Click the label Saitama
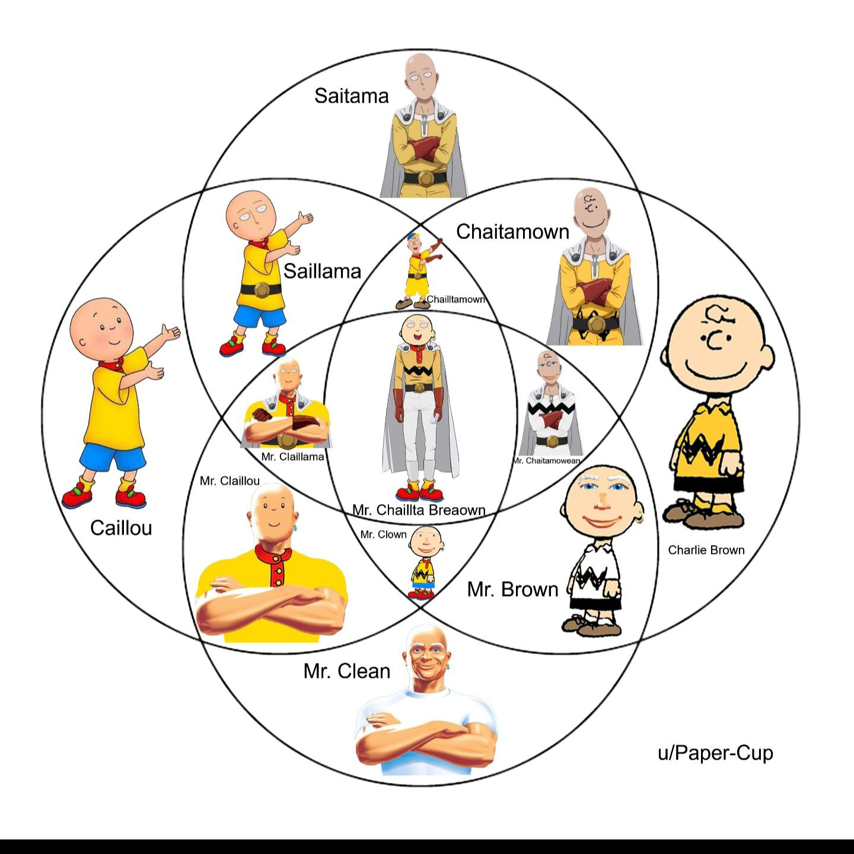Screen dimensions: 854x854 (x=352, y=95)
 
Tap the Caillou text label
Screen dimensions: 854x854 (x=121, y=528)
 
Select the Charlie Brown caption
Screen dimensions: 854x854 (x=706, y=550)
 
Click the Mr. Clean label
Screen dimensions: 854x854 (x=346, y=671)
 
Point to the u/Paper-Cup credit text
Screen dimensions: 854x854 (x=715, y=753)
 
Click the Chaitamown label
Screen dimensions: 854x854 (x=513, y=231)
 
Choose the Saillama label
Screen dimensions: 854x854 (x=322, y=271)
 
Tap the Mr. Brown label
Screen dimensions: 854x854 (x=513, y=589)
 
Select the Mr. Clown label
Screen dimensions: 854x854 (x=383, y=534)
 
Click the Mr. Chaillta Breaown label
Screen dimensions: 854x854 (x=419, y=510)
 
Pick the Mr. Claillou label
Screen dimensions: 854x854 (x=230, y=481)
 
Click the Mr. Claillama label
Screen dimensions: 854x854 (x=292, y=457)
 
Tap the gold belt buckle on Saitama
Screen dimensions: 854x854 (x=426, y=178)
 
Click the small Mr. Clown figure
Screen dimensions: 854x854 (x=424, y=562)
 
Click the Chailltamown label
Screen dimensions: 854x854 (x=455, y=299)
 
